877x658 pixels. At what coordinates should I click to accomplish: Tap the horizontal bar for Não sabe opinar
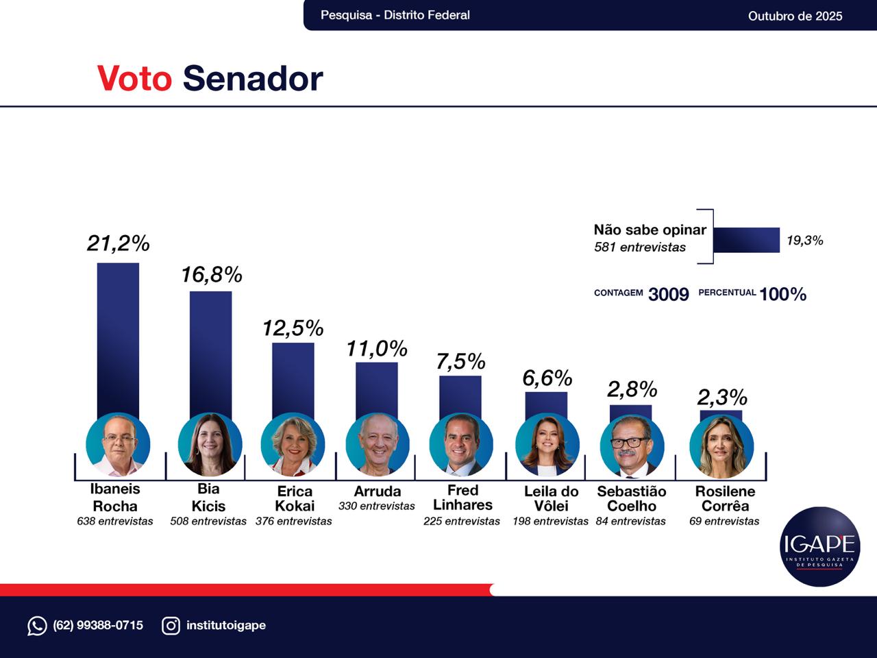point(746,240)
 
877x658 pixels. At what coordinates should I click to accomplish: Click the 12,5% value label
point(293,328)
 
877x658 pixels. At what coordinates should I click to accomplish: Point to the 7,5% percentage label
point(460,361)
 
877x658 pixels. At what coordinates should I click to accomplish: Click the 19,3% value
point(804,241)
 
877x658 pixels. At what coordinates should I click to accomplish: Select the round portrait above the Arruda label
point(378,445)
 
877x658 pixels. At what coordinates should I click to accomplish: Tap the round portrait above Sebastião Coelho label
point(632,446)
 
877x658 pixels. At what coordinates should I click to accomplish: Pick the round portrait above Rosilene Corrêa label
point(721,446)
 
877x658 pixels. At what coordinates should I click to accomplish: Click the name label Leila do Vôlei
point(551,498)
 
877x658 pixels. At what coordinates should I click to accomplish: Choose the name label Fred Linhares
point(462,498)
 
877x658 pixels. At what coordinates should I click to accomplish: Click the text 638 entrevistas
point(115,521)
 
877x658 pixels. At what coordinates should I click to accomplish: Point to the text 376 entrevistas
point(293,521)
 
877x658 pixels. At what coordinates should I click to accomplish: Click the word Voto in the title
point(134,78)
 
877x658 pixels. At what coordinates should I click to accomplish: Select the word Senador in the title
point(252,78)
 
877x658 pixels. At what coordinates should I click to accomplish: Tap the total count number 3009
point(668,294)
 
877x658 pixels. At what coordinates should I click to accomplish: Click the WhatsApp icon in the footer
point(37,625)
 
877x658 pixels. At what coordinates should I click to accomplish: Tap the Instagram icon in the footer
point(171,625)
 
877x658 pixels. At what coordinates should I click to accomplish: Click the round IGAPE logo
point(820,546)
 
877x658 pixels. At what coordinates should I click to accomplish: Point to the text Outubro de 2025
point(795,16)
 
